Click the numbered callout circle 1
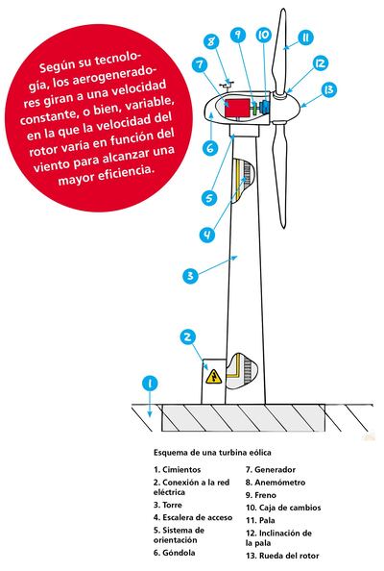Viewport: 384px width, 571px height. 148,383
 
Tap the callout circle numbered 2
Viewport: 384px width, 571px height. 189,336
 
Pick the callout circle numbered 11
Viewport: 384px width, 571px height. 304,37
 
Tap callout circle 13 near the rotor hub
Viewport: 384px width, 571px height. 329,90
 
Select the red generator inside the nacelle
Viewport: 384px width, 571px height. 233,108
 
